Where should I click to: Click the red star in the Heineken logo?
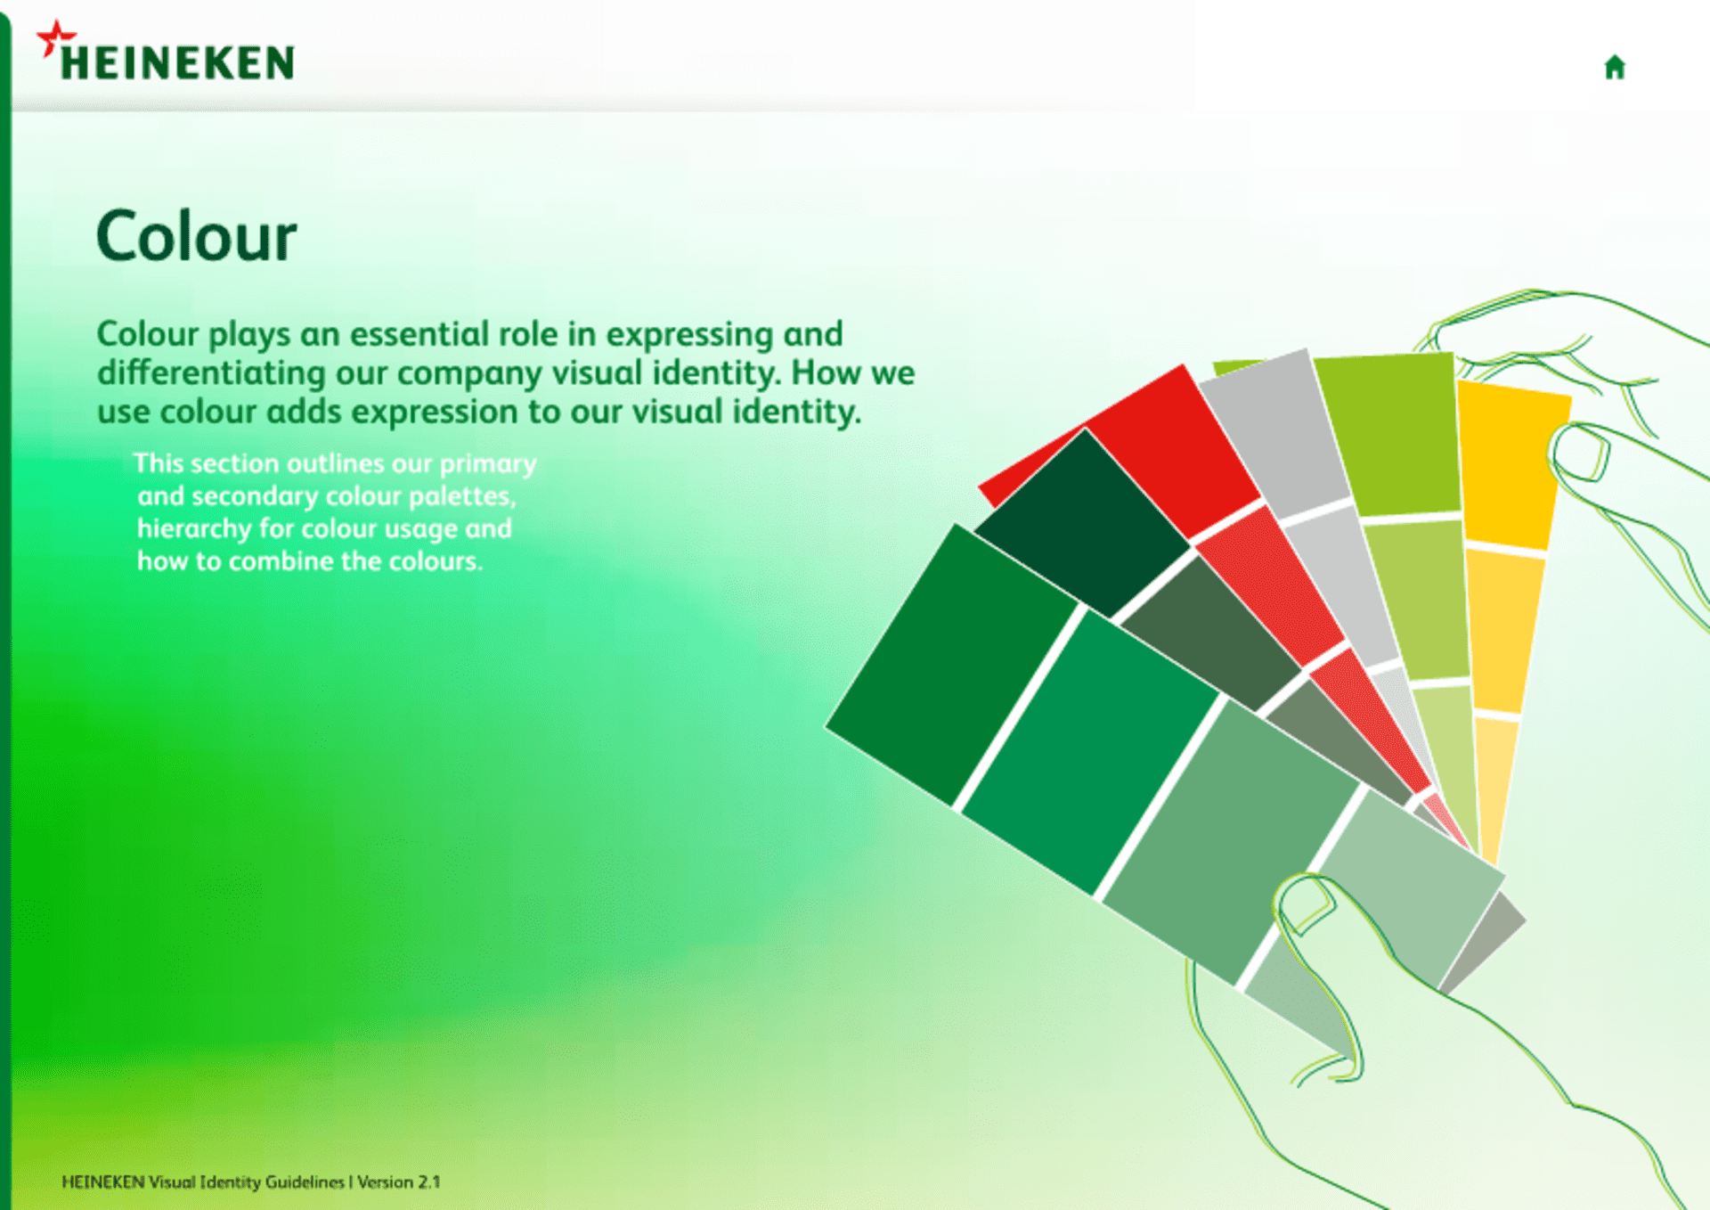tap(55, 38)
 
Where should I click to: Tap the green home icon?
tap(1615, 67)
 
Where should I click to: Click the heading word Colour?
tap(196, 237)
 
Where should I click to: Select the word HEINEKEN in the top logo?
tap(177, 63)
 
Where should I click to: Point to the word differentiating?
tap(211, 373)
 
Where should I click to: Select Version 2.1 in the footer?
tap(399, 1182)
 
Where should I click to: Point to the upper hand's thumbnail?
tap(1581, 453)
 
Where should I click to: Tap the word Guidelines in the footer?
tap(305, 1182)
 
